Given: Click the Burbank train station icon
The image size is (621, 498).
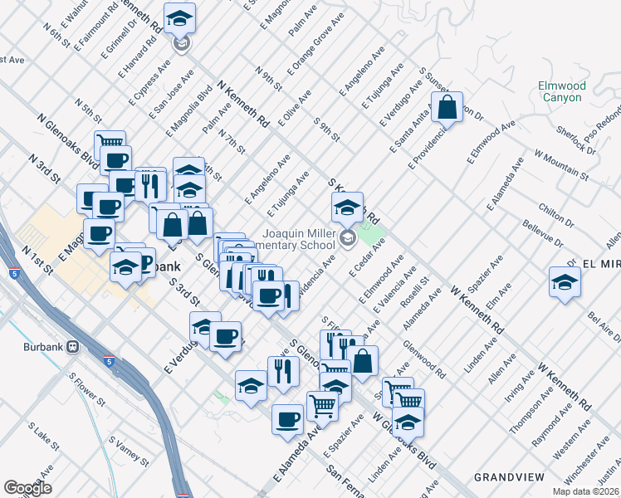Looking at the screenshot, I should point(73,346).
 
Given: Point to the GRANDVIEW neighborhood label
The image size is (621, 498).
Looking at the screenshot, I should point(508,476).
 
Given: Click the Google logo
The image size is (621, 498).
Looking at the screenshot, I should point(27,488).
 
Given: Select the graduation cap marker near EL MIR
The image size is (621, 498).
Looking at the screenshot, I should point(565,282).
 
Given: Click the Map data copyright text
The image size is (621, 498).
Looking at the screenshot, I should point(585,491).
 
